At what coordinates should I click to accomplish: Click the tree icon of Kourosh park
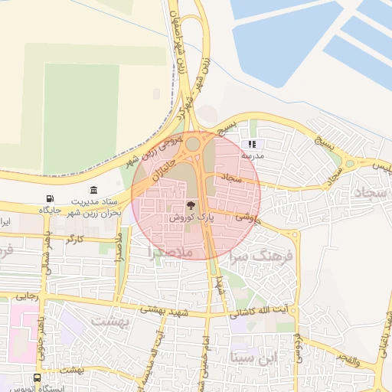tap(191, 205)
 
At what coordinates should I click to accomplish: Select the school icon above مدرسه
tap(252, 144)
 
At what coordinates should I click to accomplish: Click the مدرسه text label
tap(253, 155)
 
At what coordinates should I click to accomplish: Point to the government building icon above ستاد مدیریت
tap(93, 189)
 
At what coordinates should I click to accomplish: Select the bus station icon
tap(38, 378)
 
